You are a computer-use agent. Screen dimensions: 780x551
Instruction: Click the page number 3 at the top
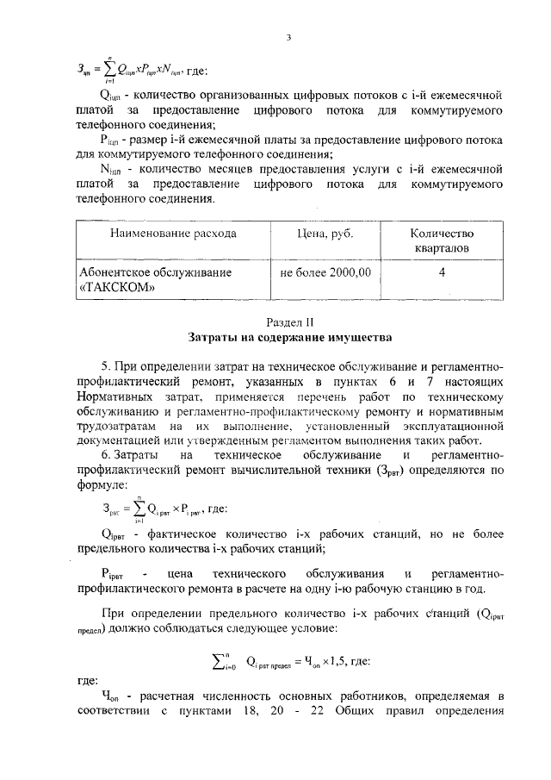289,36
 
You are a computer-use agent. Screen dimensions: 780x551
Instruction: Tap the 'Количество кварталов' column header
442,240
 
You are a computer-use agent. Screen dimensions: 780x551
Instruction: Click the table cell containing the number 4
442,271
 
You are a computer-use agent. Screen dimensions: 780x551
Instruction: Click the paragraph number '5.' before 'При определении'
107,366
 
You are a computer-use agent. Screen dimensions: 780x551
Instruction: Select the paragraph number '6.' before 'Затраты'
107,454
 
